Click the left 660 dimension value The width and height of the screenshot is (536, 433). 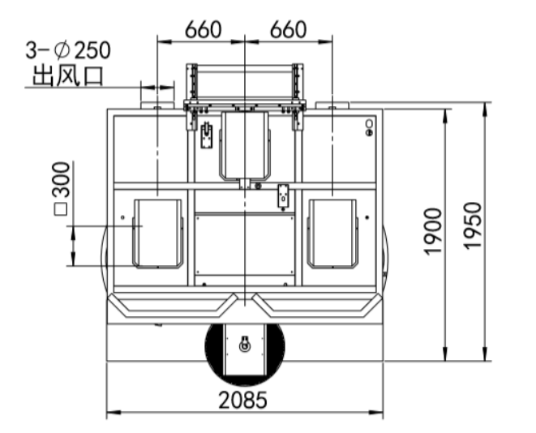click(203, 29)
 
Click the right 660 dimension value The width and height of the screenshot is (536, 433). click(288, 29)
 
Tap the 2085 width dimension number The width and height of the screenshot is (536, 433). click(242, 401)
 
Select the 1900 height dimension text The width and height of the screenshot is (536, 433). click(433, 231)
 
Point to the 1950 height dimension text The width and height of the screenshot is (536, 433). click(473, 226)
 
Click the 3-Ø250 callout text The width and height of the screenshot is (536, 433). click(68, 50)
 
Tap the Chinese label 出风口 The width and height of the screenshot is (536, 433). click(68, 75)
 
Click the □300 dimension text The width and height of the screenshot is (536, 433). click(62, 189)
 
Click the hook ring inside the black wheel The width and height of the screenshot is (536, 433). click(244, 345)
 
